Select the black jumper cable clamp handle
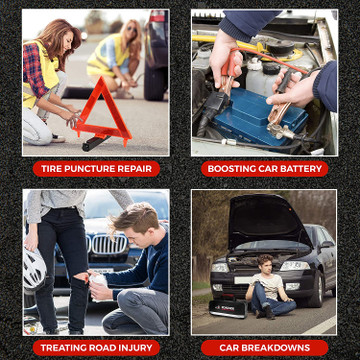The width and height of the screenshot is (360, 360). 284,83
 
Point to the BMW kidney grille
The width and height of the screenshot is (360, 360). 107,244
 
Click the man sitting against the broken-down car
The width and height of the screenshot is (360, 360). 270,287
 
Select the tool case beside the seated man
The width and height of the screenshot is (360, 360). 229,307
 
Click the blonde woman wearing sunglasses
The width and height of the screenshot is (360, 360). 115,59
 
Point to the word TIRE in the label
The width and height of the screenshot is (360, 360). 51,169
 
